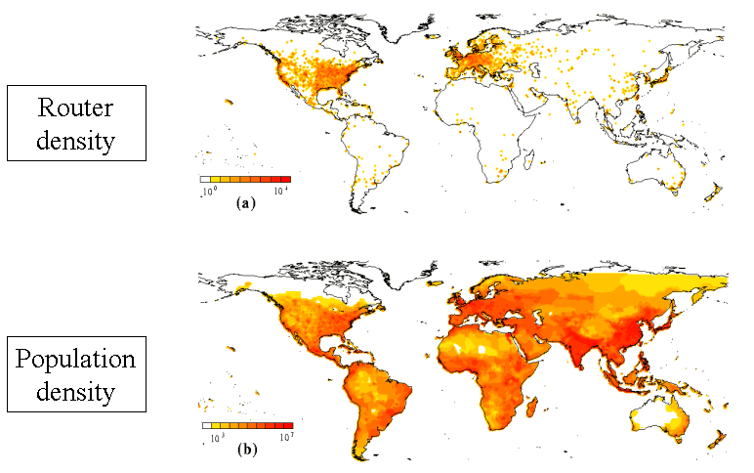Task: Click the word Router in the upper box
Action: pos(76,107)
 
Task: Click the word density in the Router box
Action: pos(76,140)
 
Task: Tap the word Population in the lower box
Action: pos(75,360)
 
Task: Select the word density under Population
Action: pos(75,394)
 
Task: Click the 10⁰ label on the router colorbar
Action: pos(207,192)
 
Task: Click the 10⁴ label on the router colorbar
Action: pos(279,192)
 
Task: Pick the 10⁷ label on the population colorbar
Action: pos(286,437)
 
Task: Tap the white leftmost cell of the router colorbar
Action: pos(205,180)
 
